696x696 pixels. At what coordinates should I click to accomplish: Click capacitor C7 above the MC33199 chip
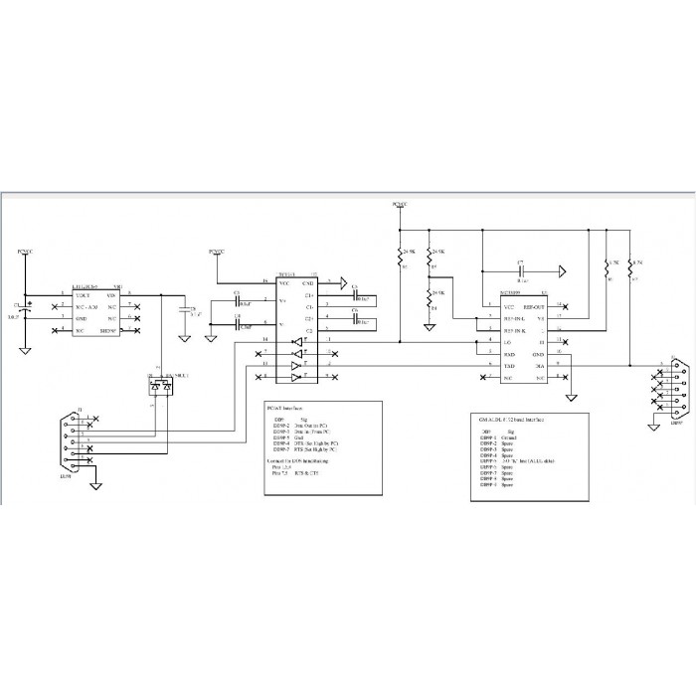(x=521, y=270)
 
